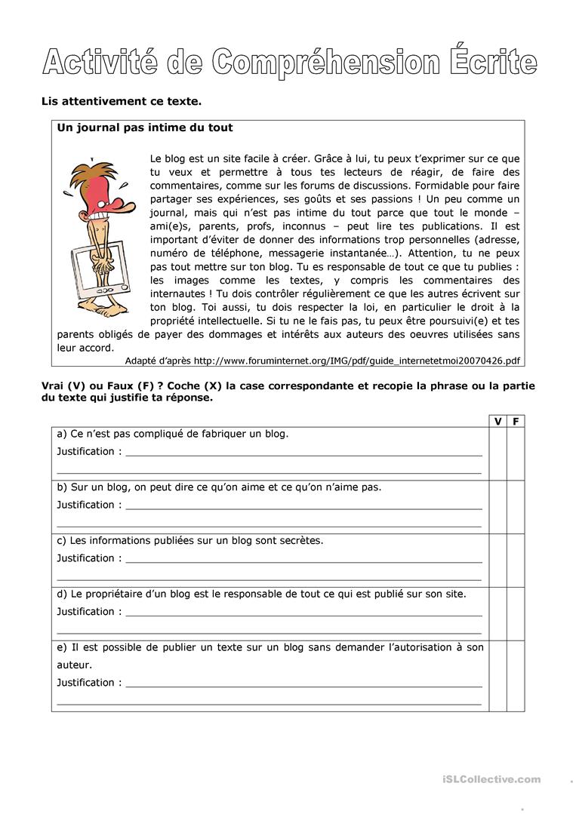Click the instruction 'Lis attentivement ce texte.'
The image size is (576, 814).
click(x=121, y=101)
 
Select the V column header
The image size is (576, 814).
click(x=497, y=422)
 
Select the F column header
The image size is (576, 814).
click(x=516, y=422)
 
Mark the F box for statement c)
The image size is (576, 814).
click(x=516, y=561)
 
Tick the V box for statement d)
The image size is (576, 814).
click(x=497, y=614)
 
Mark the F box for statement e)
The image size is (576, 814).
click(x=516, y=676)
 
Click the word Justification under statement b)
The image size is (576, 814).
click(x=85, y=505)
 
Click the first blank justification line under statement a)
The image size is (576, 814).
click(x=303, y=456)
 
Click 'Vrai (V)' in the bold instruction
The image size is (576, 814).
click(x=63, y=386)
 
